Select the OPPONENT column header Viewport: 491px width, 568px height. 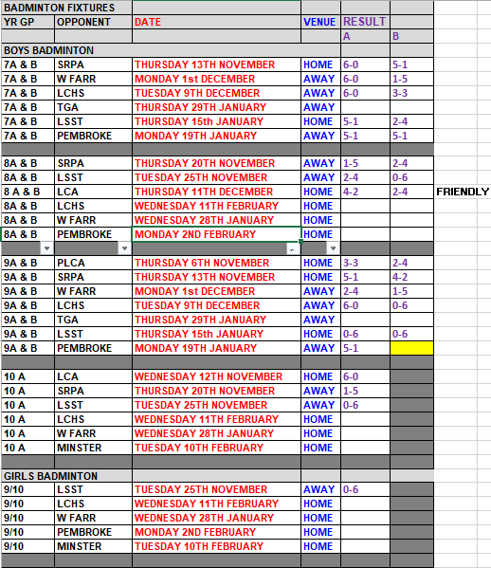tap(83, 22)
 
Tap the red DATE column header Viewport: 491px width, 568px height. tap(148, 22)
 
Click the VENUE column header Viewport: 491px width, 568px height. tap(320, 22)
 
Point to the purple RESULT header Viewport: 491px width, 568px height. tap(364, 22)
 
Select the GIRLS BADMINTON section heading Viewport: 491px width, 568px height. tap(51, 475)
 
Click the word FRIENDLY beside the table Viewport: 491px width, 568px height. tap(462, 192)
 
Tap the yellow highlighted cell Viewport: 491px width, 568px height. tap(410, 348)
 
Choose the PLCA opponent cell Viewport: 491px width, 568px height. tap(71, 263)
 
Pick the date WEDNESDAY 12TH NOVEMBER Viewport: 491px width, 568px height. tap(209, 376)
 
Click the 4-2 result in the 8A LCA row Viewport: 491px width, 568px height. tap(351, 192)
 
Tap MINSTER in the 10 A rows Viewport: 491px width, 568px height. tap(79, 448)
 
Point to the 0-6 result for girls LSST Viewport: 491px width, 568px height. tap(351, 489)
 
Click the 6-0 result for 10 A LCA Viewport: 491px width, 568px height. tap(351, 376)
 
